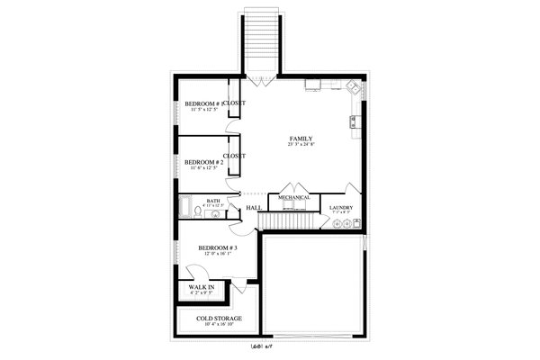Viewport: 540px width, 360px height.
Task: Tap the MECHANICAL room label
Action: [x=293, y=197]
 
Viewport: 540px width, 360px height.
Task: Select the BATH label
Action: [x=213, y=201]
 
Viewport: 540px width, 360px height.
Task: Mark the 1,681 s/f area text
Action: [x=262, y=345]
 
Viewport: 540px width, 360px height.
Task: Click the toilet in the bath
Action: [x=200, y=213]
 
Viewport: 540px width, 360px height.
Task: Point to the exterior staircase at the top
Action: [x=262, y=40]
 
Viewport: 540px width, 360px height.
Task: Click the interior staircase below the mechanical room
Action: [x=288, y=221]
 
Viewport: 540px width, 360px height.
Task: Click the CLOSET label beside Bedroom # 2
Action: [x=235, y=156]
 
